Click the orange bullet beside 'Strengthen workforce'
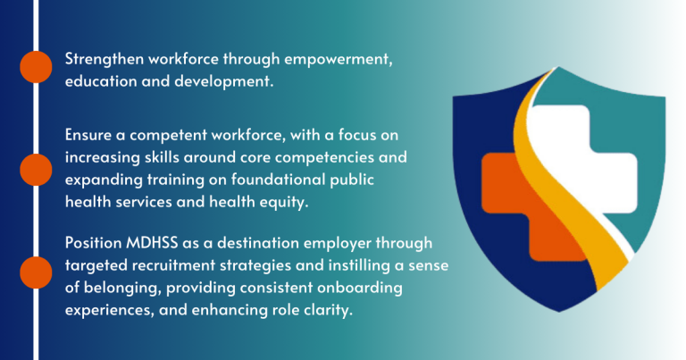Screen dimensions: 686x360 (36, 67)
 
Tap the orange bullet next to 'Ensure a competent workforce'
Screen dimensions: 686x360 (36, 170)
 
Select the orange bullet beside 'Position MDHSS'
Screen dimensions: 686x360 (36, 272)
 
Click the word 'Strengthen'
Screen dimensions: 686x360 (105, 59)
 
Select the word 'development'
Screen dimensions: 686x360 (223, 82)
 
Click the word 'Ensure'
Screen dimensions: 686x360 (88, 135)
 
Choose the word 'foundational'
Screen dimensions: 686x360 (279, 180)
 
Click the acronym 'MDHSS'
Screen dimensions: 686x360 (152, 243)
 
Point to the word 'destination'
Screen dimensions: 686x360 (258, 243)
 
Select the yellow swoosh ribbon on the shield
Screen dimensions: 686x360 (569, 184)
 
